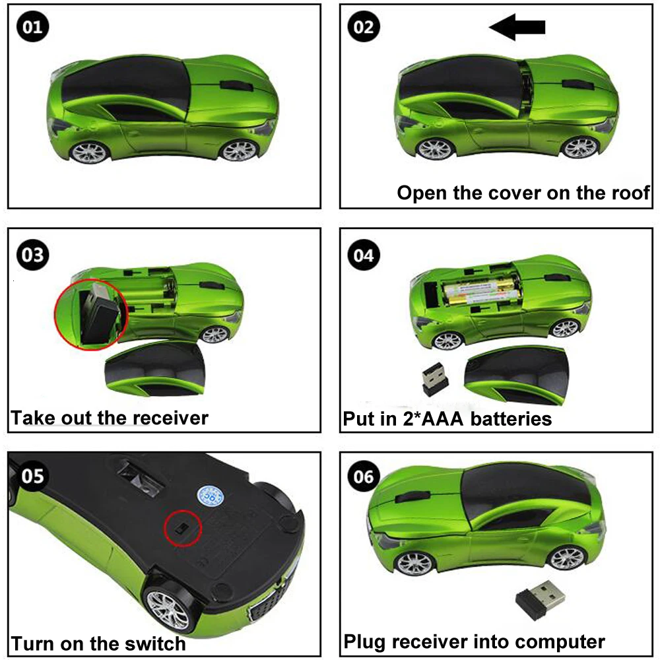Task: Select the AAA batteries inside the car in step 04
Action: pos(479,291)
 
